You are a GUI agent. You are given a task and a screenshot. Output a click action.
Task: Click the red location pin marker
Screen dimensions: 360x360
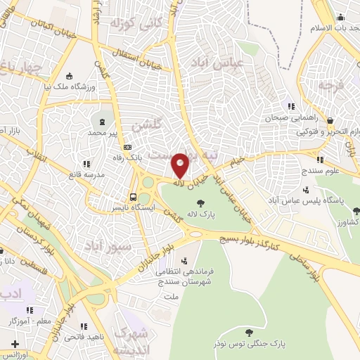click(x=181, y=165)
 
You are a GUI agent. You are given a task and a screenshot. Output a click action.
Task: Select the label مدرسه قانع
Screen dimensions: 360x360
click(x=89, y=173)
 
